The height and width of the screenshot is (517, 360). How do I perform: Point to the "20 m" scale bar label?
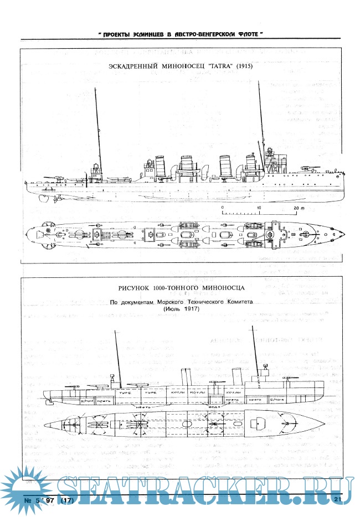[x=299, y=208]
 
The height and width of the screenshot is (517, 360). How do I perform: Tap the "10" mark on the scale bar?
[x=259, y=208]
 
